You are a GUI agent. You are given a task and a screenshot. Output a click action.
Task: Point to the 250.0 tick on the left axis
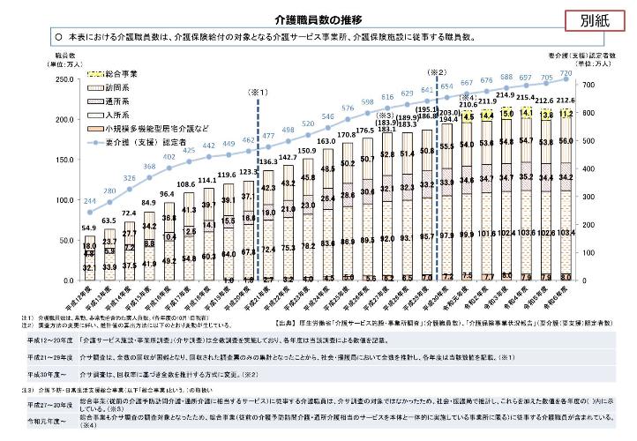[41, 79]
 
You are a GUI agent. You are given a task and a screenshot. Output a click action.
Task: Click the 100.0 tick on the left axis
[41, 201]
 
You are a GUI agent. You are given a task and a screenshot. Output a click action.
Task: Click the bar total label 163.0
[326, 140]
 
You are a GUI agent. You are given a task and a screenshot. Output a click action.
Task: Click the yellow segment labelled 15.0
[506, 113]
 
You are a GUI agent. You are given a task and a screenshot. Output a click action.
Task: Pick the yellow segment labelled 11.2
[590, 114]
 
